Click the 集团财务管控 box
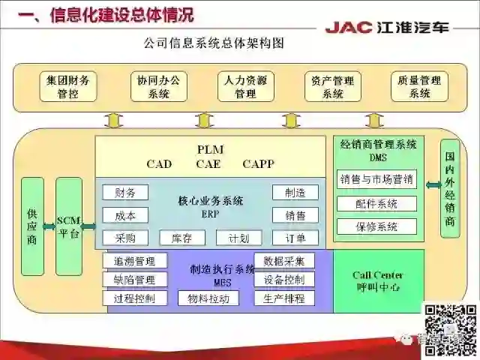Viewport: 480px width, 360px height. coord(67,86)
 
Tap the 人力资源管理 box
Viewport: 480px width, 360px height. coord(245,86)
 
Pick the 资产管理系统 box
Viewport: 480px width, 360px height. coord(333,86)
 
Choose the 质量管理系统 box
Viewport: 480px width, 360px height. coord(420,86)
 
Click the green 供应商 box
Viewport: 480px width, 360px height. coord(32,226)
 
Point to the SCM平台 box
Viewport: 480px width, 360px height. coord(68,226)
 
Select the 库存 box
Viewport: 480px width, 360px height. coord(182,238)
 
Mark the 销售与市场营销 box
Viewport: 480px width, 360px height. coord(376,179)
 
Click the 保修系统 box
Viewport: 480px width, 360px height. coord(376,226)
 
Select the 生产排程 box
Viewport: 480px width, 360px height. coord(284,298)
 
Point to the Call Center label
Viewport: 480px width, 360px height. coord(378,275)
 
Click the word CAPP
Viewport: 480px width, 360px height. coord(258,163)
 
